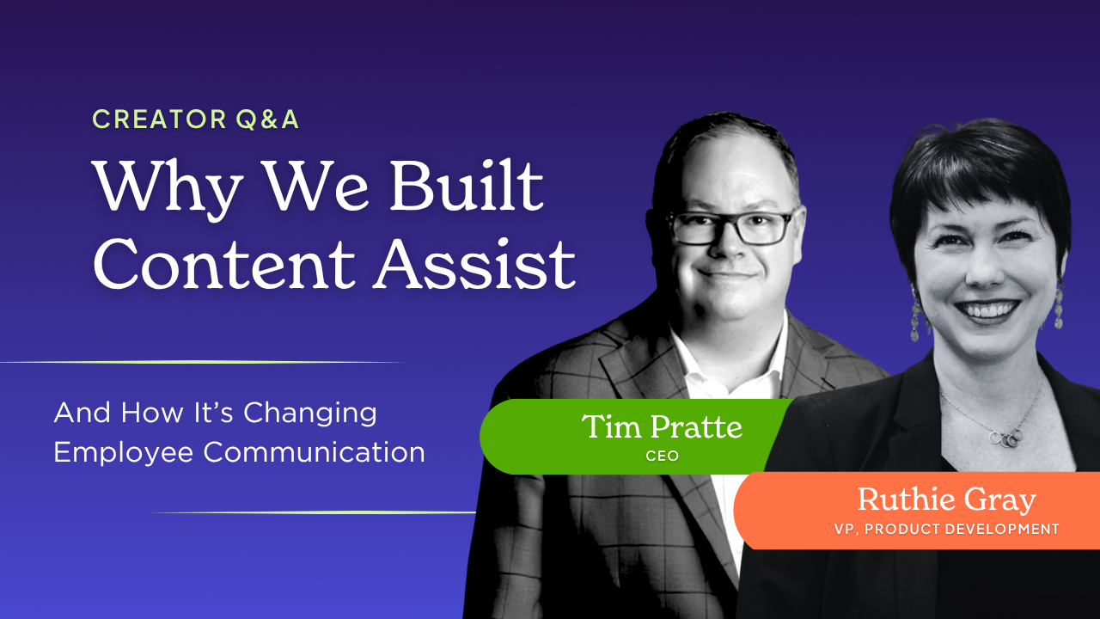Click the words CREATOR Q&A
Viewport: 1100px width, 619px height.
coord(195,120)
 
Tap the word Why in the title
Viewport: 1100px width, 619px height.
coord(167,190)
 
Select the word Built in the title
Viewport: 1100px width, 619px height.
coord(466,185)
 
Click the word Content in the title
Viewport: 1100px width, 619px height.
coord(224,264)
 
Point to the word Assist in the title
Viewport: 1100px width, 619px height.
coord(474,264)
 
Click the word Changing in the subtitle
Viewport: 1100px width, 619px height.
coord(310,414)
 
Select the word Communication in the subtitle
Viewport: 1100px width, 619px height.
coord(315,452)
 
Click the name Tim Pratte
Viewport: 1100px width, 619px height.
coord(662,426)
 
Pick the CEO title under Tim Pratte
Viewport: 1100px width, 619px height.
coord(662,456)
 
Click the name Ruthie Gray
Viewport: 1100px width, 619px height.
coord(947,500)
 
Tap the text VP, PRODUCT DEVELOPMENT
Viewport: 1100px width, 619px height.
coord(946,529)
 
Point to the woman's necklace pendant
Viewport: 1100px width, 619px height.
coord(1005,438)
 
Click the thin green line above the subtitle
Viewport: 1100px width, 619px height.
coord(201,363)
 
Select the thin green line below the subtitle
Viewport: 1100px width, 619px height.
coord(315,512)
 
